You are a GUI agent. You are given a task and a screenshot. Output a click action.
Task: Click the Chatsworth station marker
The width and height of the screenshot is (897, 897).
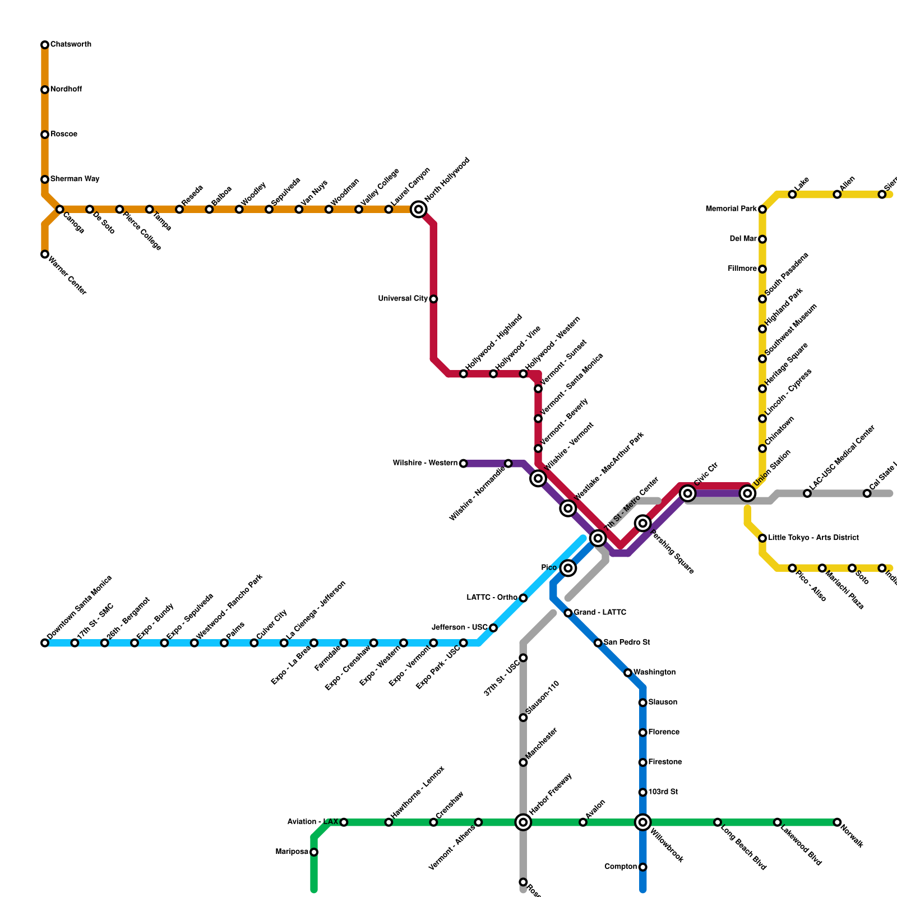45,45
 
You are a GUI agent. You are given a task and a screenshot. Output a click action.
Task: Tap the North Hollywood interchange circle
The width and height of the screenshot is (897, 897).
418,210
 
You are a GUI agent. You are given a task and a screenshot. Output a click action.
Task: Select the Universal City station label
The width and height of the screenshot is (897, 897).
403,299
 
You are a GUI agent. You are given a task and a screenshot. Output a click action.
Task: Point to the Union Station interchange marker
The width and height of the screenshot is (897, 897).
747,493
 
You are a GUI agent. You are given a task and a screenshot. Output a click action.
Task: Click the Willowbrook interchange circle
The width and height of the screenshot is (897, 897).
643,822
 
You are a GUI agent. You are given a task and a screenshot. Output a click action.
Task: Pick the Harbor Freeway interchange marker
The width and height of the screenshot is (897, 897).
523,822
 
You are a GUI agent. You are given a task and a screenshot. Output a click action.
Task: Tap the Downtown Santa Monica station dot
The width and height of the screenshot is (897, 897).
45,643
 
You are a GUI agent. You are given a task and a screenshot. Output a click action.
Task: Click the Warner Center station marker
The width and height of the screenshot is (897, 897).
45,255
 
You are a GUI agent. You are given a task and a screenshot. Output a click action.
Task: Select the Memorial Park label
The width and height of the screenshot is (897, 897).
731,209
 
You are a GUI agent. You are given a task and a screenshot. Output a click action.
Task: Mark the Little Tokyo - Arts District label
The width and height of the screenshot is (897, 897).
813,538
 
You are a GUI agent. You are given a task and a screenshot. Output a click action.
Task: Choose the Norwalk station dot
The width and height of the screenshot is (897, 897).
837,822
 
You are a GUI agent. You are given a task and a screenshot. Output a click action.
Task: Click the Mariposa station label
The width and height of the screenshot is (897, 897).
292,852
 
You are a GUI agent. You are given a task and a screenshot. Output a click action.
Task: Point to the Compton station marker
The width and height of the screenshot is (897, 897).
643,867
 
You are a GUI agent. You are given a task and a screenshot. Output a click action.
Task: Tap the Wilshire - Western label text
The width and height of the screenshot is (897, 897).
425,463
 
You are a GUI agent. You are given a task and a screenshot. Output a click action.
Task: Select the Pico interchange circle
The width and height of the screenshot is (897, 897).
568,568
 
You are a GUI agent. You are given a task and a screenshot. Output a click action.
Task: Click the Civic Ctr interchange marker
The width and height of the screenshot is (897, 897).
688,493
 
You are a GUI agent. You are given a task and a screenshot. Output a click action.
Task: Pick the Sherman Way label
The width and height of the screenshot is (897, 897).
75,179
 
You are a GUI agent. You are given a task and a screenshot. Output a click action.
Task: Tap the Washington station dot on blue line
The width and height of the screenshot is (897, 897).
628,673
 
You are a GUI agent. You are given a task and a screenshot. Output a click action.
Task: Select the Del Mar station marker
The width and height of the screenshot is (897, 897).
762,239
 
